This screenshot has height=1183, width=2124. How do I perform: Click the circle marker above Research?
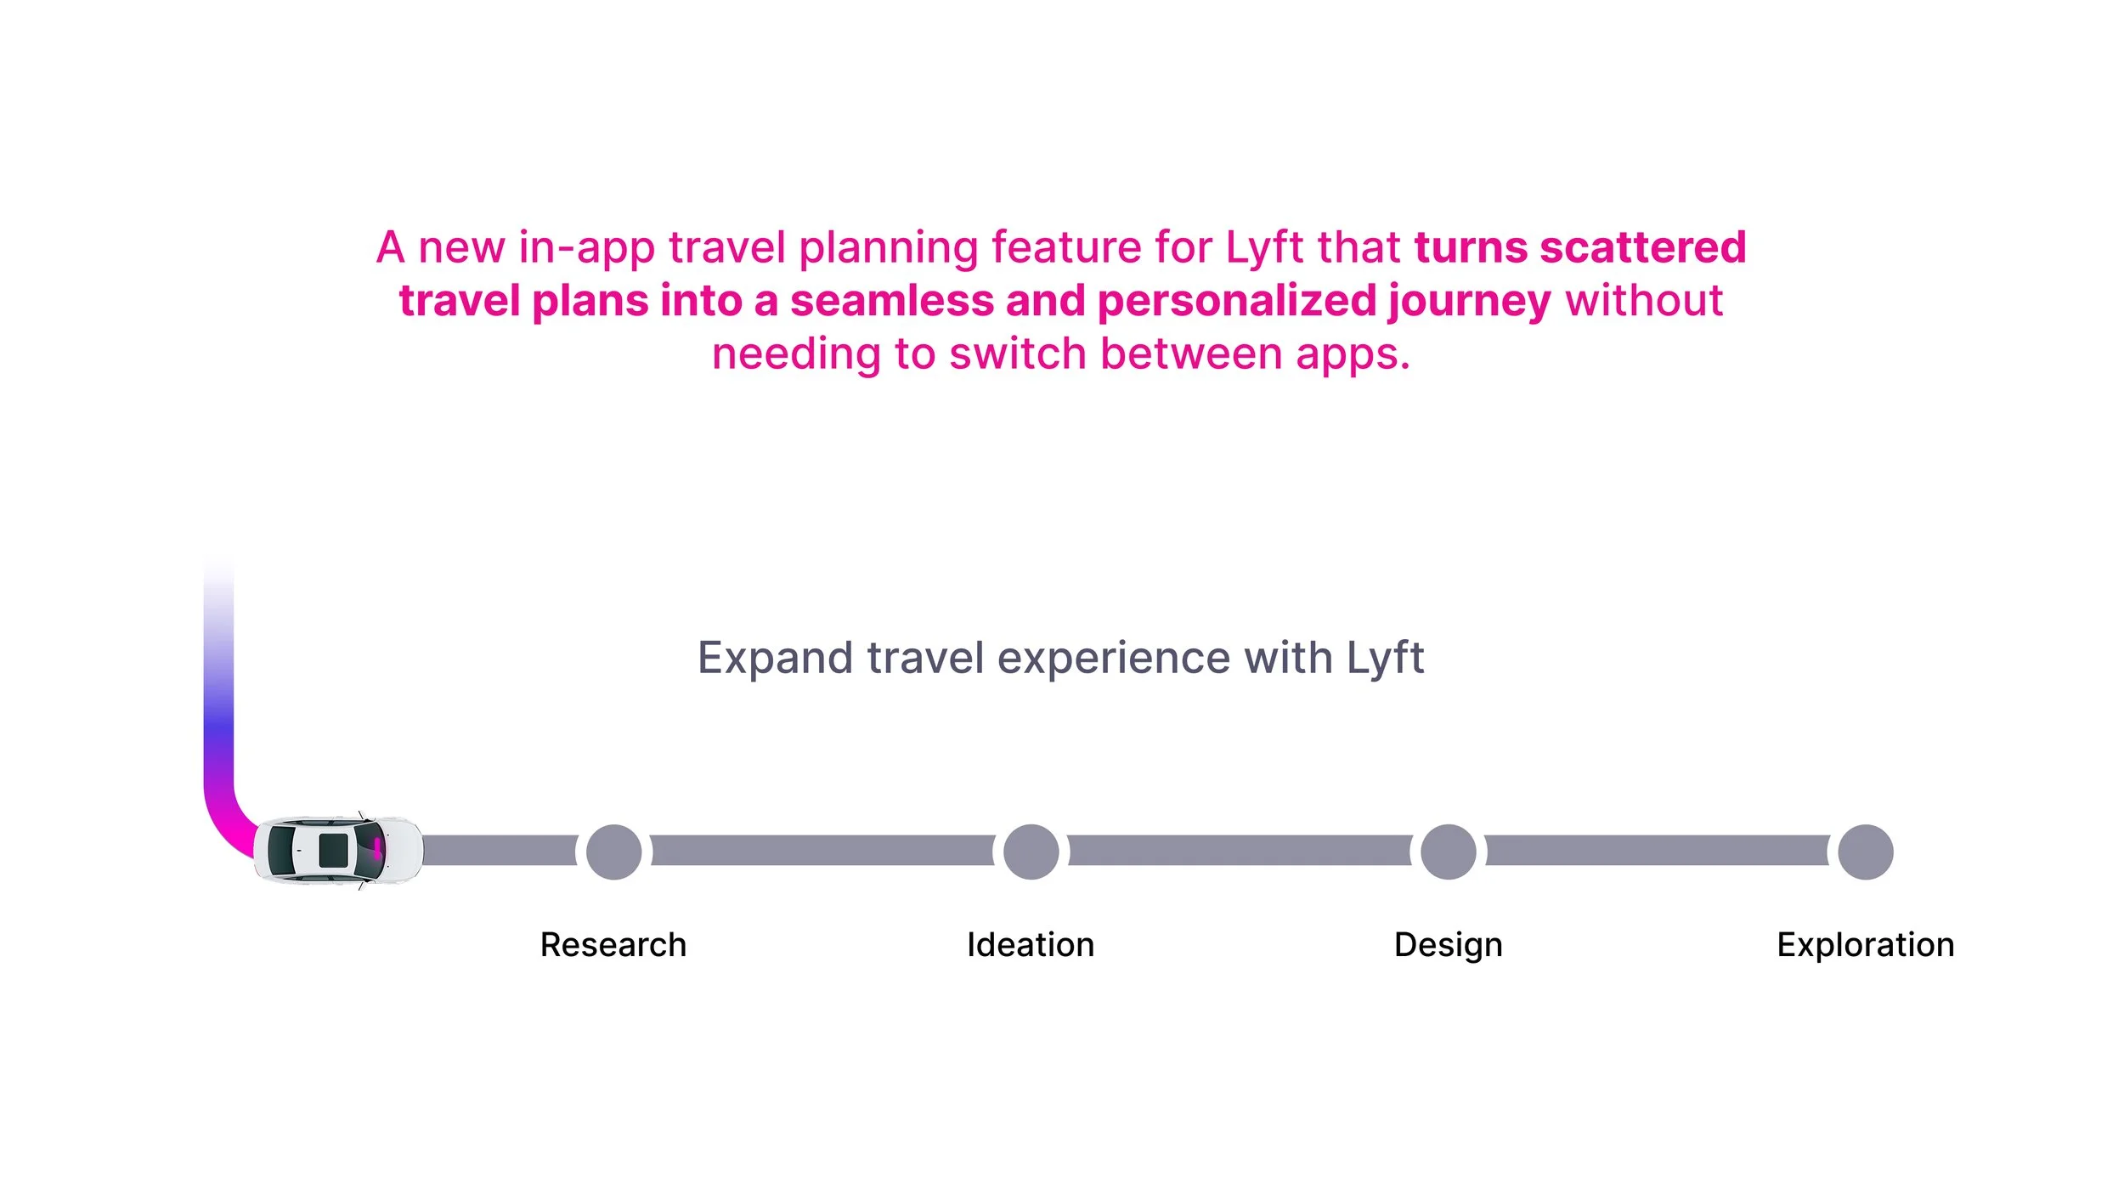pyautogui.click(x=613, y=852)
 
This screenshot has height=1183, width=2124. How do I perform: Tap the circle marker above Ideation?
pyautogui.click(x=1031, y=852)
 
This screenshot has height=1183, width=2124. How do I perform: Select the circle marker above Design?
pyautogui.click(x=1448, y=852)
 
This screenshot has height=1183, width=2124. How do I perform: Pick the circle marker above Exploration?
pyautogui.click(x=1865, y=852)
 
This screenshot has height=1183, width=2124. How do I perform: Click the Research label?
pyautogui.click(x=613, y=945)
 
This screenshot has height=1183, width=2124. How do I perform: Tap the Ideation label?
pyautogui.click(x=1031, y=945)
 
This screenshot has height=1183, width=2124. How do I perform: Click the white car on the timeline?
pyautogui.click(x=338, y=851)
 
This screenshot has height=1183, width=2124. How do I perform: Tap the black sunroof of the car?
pyautogui.click(x=333, y=851)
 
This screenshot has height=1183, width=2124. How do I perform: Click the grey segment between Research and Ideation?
pyautogui.click(x=822, y=851)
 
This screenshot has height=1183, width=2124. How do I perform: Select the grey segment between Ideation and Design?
pyautogui.click(x=1240, y=851)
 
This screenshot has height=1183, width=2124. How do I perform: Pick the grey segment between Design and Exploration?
pyautogui.click(x=1657, y=851)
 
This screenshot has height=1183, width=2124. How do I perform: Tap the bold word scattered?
pyautogui.click(x=1643, y=247)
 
